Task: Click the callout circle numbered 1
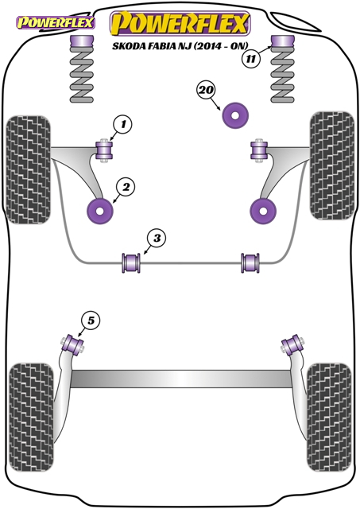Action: [122, 125]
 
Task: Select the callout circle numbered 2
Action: [126, 188]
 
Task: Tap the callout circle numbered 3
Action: [157, 239]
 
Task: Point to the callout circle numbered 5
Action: [91, 321]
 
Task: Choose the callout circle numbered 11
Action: [250, 59]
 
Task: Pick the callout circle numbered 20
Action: [206, 90]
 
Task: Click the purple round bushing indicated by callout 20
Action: [235, 115]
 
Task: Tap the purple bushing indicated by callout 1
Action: [104, 151]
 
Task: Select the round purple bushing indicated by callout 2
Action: [100, 211]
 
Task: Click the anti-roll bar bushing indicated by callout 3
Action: [131, 263]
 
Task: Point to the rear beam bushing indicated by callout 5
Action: [73, 344]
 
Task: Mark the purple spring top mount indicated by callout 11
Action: [283, 41]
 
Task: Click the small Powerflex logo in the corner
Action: [56, 23]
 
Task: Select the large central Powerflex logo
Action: [180, 23]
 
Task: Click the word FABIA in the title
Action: [161, 46]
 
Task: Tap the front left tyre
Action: [29, 169]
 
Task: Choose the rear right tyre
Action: [329, 417]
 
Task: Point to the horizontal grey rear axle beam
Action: [180, 379]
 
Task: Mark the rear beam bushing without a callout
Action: [292, 346]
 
